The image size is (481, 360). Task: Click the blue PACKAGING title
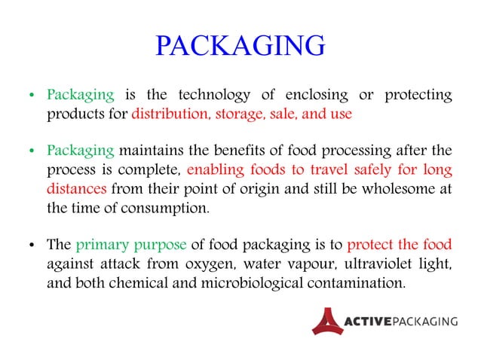(240, 47)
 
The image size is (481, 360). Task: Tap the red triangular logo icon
(326, 320)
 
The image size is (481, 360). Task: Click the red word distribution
(170, 114)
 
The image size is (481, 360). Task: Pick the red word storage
(237, 114)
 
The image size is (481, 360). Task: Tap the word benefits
(250, 151)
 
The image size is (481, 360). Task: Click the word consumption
(168, 208)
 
